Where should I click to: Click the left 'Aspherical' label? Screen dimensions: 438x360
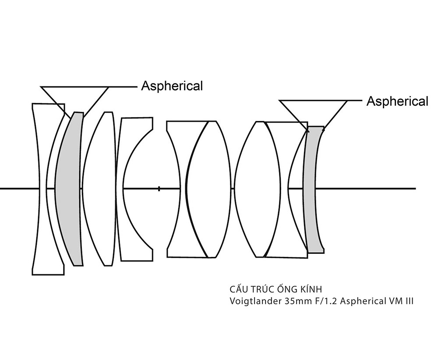point(172,86)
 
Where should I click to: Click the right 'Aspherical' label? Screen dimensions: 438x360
point(397,101)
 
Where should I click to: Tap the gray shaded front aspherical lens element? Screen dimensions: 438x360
point(69,189)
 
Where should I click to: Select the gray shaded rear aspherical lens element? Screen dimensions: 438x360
point(314,189)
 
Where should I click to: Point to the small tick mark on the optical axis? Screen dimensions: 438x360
point(159,189)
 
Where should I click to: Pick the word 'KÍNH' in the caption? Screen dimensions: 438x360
point(311,288)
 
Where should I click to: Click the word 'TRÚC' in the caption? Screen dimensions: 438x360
point(263,288)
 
